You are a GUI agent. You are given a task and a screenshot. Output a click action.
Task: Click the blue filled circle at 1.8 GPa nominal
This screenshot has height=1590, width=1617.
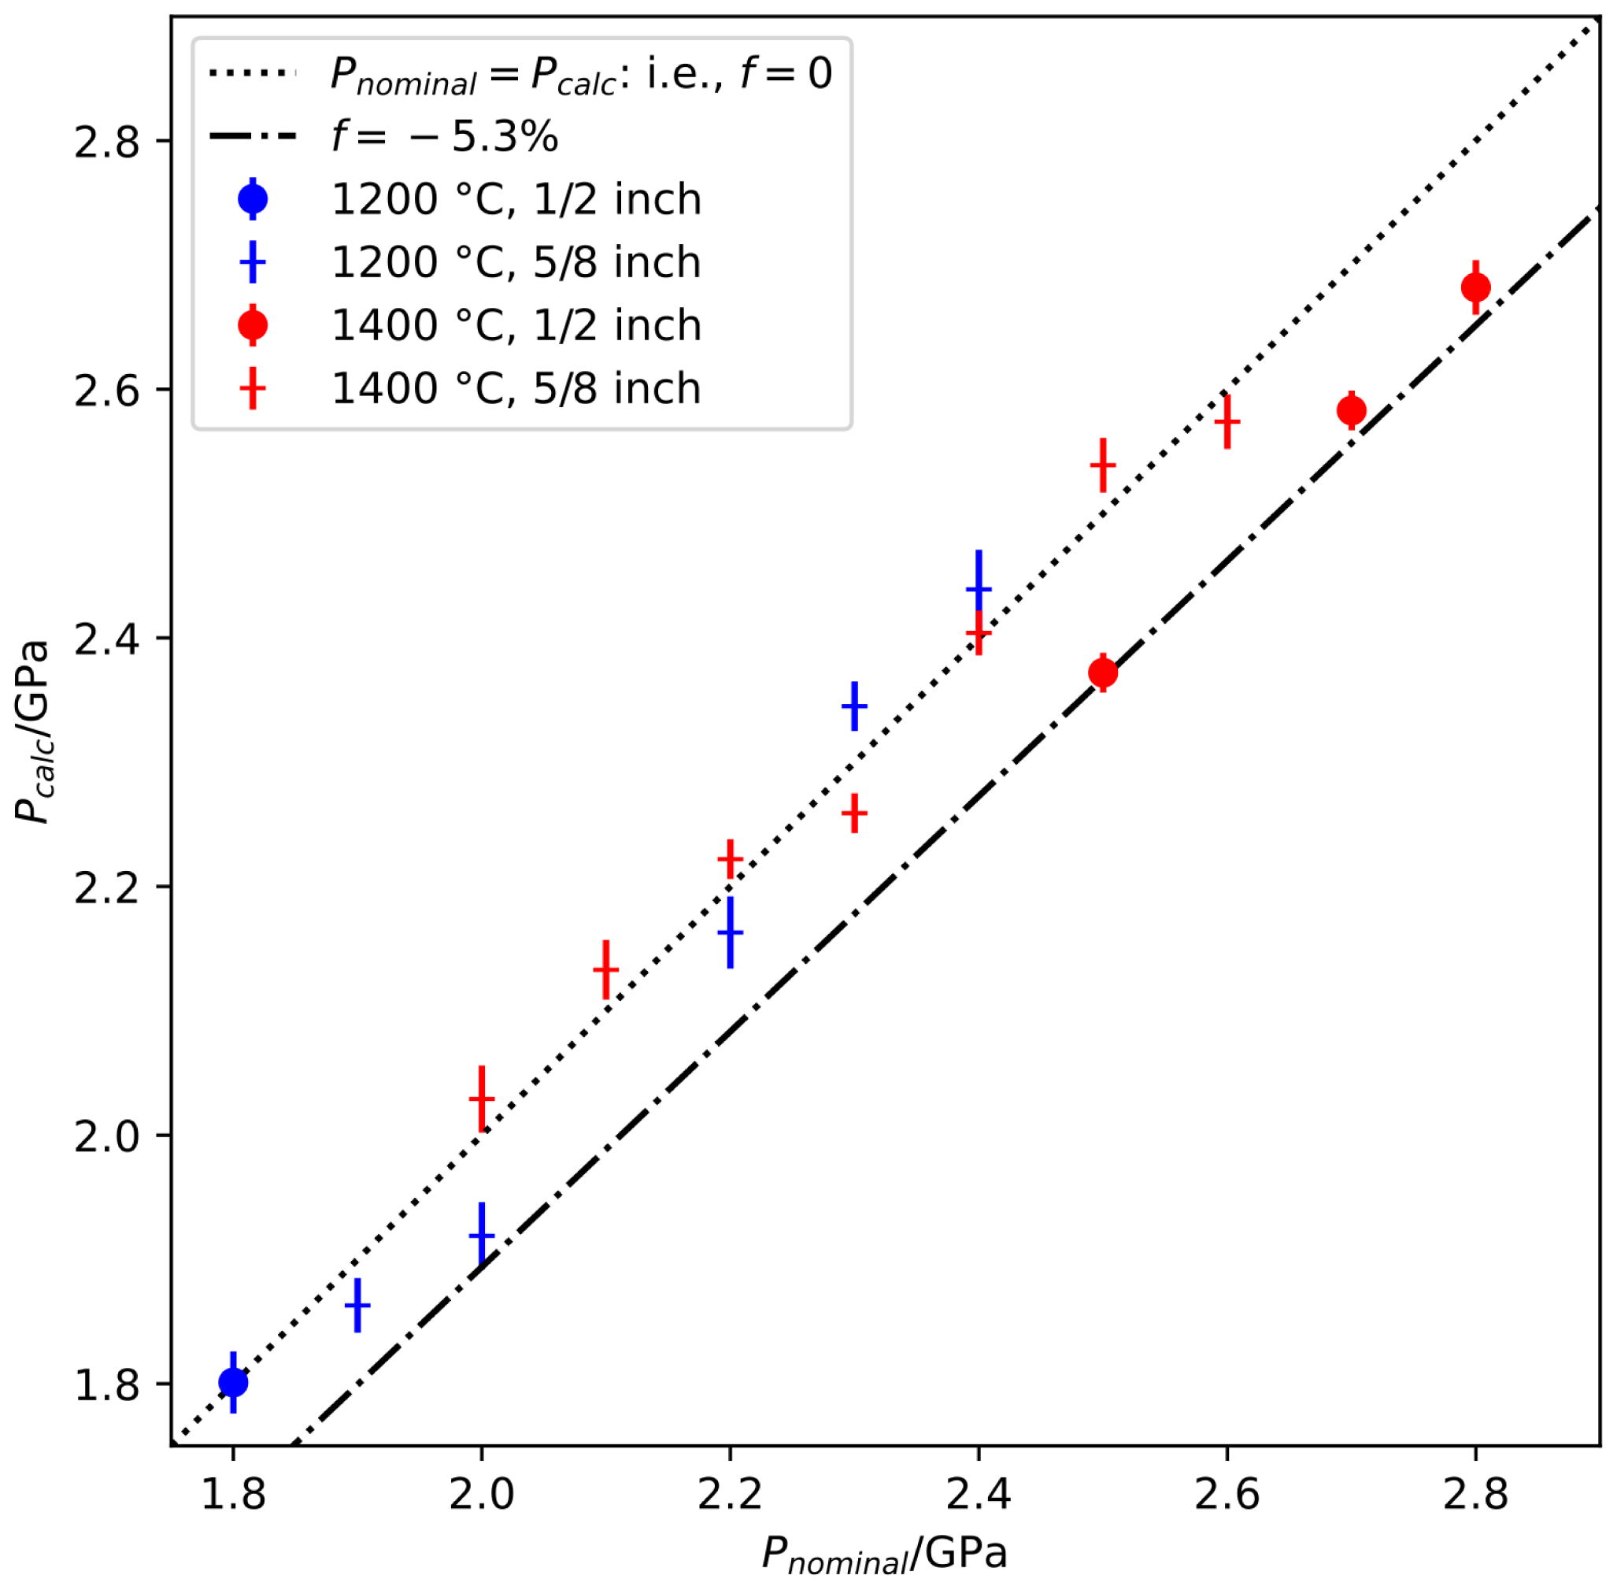click(x=233, y=1383)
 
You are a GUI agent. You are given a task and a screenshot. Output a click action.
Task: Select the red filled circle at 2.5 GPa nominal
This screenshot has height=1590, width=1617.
click(x=1103, y=673)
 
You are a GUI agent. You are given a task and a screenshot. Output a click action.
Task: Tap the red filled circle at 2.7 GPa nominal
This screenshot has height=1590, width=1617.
click(x=1352, y=411)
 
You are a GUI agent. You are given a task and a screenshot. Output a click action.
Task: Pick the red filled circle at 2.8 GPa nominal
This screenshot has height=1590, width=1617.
click(x=1476, y=288)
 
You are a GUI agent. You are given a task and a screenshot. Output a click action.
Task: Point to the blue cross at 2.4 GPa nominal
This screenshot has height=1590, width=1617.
click(x=979, y=589)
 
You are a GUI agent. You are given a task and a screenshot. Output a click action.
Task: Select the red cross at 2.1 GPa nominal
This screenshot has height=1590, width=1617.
click(x=606, y=969)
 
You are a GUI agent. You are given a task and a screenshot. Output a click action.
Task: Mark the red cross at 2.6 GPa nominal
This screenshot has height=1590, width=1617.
click(x=1227, y=422)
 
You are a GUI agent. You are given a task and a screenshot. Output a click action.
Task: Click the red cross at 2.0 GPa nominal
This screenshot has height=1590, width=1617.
click(x=482, y=1099)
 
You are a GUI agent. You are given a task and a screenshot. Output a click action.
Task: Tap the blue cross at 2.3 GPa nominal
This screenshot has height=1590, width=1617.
click(x=854, y=706)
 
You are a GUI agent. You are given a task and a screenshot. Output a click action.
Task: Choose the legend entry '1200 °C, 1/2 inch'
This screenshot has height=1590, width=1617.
click(x=516, y=199)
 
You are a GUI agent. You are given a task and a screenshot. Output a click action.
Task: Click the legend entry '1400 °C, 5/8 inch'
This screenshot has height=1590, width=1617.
click(x=516, y=389)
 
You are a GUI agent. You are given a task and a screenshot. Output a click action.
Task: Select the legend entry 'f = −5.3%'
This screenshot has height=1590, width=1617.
click(x=444, y=136)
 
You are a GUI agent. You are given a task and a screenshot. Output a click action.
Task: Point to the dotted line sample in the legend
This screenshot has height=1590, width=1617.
click(x=252, y=73)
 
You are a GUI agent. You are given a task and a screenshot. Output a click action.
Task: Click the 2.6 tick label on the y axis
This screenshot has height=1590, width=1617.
click(x=107, y=390)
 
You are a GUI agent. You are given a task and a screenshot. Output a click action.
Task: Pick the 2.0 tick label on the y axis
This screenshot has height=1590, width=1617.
click(x=107, y=1136)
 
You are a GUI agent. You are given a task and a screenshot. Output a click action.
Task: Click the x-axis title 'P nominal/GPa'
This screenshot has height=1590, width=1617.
click(x=885, y=1555)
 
